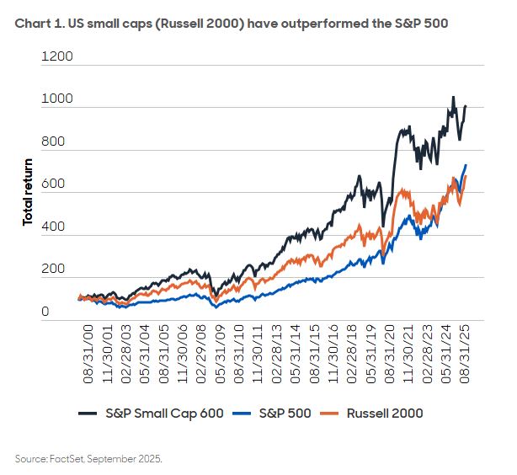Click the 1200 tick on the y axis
(x=56, y=57)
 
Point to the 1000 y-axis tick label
(x=56, y=99)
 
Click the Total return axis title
(x=28, y=191)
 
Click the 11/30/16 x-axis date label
(x=330, y=354)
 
